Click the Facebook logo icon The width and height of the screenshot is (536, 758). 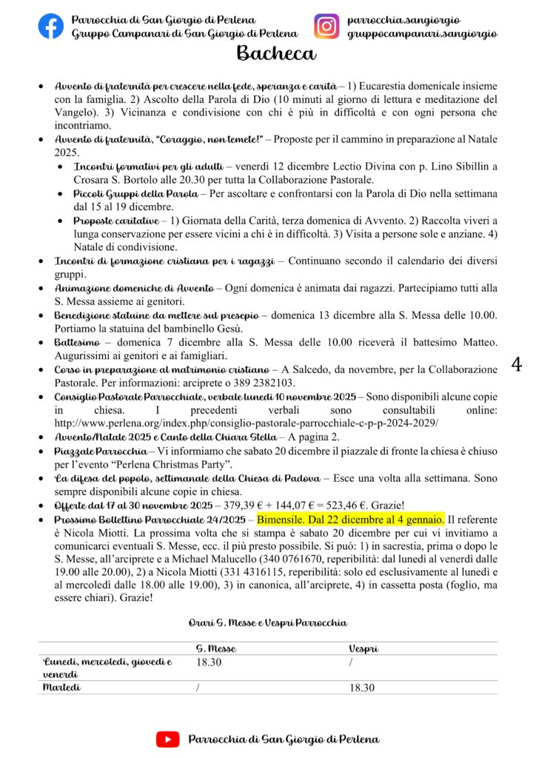click(x=51, y=27)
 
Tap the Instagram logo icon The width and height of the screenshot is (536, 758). click(x=326, y=27)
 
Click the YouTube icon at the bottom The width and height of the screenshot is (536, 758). click(x=168, y=739)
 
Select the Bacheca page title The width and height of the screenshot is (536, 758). click(x=276, y=54)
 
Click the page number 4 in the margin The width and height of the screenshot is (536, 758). click(x=517, y=364)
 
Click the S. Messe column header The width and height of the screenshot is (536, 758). click(x=216, y=648)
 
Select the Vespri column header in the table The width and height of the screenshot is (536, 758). click(x=364, y=648)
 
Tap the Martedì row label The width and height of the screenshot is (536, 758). click(x=63, y=688)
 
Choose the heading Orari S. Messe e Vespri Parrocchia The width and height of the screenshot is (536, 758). click(x=267, y=623)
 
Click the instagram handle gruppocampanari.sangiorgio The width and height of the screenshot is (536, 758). click(x=422, y=34)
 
